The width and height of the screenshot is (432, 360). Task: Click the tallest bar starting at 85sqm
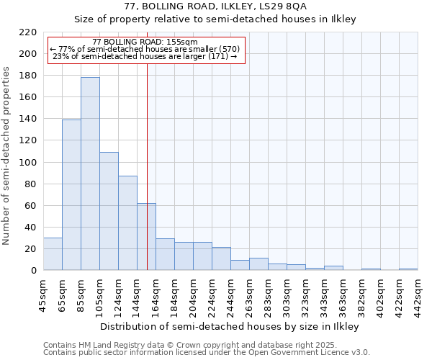(x=90, y=174)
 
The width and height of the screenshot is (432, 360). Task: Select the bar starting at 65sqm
(x=71, y=194)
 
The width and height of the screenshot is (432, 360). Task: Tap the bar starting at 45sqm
(x=53, y=253)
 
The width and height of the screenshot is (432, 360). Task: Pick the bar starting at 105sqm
(x=109, y=211)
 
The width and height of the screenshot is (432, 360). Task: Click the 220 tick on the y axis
(x=29, y=32)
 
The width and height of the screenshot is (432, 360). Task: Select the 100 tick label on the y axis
(x=29, y=163)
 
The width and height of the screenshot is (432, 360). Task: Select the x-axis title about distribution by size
(x=229, y=326)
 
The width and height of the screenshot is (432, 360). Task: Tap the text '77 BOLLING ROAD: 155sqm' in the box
(x=145, y=42)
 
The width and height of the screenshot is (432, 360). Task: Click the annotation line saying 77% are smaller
(x=145, y=49)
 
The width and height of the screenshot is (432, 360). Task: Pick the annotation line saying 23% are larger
(x=145, y=56)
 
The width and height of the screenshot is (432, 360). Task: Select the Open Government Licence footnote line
(x=207, y=353)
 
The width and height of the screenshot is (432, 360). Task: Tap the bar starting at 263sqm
(x=258, y=264)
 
